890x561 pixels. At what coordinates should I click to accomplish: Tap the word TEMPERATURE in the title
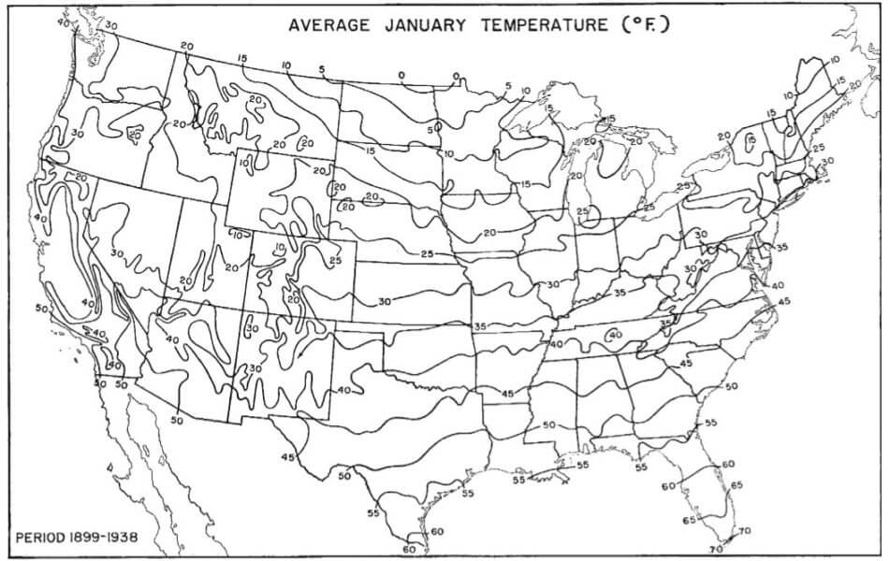tap(544, 24)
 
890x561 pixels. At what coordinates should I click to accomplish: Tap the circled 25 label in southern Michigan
tap(584, 213)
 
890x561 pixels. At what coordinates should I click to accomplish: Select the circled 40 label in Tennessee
tap(615, 336)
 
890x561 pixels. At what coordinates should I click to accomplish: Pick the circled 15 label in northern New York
tap(750, 139)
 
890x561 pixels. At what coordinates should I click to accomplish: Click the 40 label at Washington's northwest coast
tap(64, 21)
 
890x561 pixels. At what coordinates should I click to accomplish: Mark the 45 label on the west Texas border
tap(288, 456)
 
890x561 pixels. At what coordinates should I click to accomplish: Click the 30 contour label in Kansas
tap(385, 301)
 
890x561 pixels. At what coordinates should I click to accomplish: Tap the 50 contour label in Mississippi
tap(549, 425)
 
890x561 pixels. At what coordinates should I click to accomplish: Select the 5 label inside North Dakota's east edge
tap(433, 130)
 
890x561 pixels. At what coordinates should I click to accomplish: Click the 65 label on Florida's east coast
tap(736, 485)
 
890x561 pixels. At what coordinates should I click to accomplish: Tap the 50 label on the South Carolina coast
tap(731, 385)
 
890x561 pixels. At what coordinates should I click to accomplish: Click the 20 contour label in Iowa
tap(489, 230)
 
